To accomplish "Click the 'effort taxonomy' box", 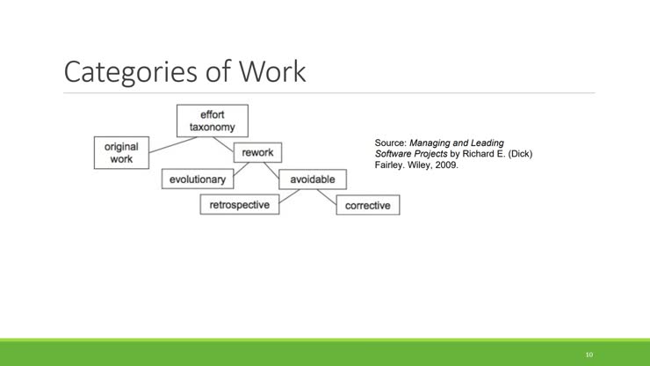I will point(212,121).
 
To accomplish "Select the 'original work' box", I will point(121,153).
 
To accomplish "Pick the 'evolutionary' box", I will point(197,179).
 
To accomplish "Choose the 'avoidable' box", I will point(312,179).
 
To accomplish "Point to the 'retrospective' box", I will point(239,205).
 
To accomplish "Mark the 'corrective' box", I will point(367,205).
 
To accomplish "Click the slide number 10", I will point(589,355).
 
